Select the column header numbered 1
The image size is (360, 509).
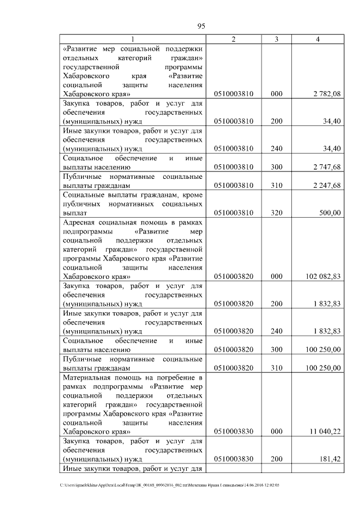coord(133,39)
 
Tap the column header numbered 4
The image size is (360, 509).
coord(318,39)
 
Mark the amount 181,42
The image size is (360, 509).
coord(330,459)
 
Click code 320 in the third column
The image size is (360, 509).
coord(276,213)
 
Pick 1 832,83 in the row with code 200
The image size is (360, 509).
coord(327,304)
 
